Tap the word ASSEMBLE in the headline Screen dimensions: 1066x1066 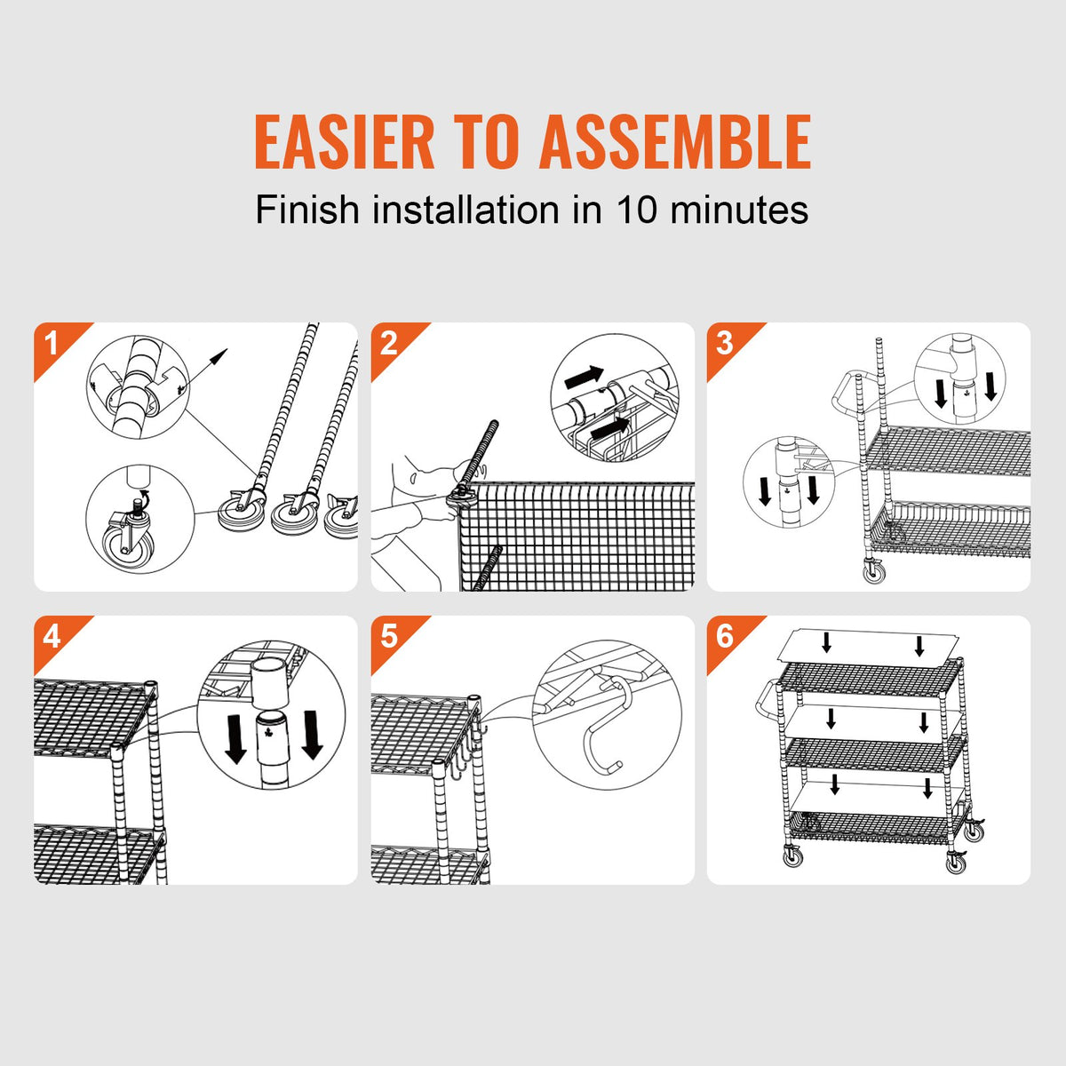tap(675, 141)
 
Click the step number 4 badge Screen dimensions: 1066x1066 tap(52, 636)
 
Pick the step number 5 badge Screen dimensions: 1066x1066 tap(388, 636)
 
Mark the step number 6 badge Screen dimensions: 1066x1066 tap(725, 636)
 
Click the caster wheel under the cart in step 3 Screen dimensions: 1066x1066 tap(872, 571)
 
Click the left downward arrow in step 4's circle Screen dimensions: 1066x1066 tap(235, 736)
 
